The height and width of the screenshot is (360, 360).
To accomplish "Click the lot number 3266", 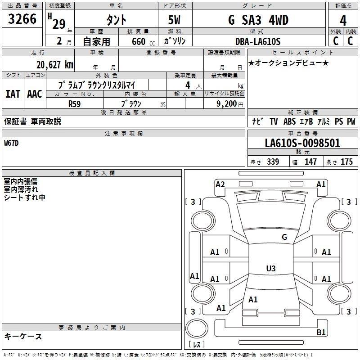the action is coord(22,19).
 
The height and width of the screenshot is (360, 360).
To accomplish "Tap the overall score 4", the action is coord(343,21).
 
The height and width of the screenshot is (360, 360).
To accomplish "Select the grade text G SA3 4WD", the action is coord(258,20).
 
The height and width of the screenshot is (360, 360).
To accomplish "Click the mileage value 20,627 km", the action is coord(54,65).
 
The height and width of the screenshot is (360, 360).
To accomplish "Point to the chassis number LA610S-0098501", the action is coord(302,143).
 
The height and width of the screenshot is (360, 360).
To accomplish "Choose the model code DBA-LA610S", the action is coord(258,41).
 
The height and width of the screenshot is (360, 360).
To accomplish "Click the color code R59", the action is coord(74,104).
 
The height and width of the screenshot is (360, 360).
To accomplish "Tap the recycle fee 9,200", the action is coord(227,104).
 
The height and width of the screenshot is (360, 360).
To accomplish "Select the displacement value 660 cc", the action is coord(143,41).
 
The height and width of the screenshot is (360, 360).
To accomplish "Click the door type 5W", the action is coord(174,20).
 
